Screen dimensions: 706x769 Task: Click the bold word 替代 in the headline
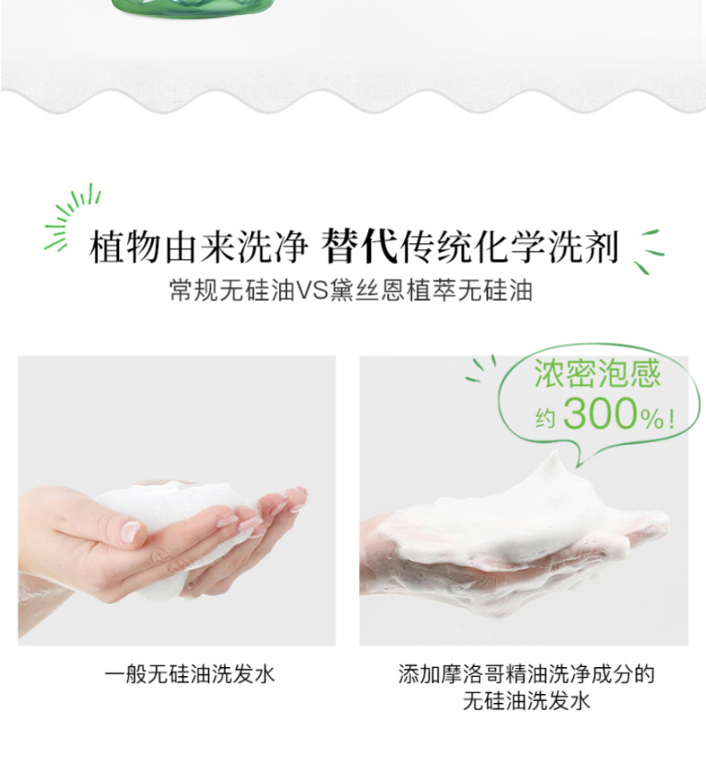pos(359,246)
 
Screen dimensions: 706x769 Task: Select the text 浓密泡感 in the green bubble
pos(597,373)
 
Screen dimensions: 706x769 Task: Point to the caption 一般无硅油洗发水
pos(189,674)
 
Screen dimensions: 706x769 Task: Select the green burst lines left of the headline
pos(72,216)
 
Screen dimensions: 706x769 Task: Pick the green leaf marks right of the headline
pos(648,251)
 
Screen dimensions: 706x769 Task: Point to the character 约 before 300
pos(544,418)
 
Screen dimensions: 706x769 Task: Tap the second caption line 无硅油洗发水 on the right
pos(526,700)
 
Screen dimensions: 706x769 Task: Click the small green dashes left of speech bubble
pos(481,368)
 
